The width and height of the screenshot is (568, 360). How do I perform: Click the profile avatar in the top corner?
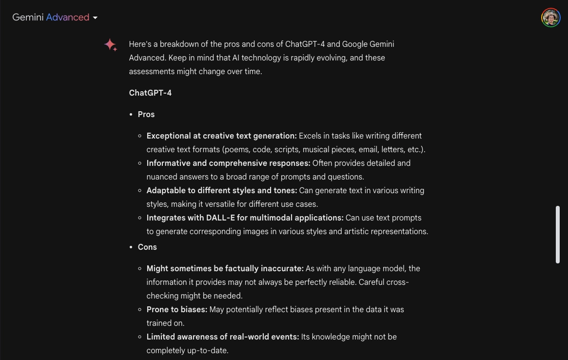550,18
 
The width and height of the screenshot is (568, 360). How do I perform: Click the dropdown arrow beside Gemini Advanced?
95,18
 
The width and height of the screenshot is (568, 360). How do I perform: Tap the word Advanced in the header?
68,18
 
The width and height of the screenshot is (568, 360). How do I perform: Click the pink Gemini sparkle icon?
110,45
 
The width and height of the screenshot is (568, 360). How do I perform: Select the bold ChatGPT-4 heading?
150,93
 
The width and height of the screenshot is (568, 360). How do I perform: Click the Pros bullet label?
146,114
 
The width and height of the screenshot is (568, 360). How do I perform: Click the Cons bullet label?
147,247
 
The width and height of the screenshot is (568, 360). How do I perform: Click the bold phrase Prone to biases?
177,309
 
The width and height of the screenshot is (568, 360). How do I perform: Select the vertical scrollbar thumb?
558,235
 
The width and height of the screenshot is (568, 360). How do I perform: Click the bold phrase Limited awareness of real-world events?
223,337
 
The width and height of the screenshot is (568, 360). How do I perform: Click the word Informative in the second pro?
168,163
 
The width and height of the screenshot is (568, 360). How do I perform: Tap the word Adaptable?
166,190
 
